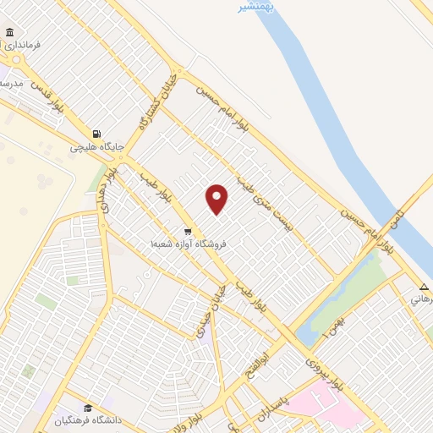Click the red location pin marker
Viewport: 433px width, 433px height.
217,198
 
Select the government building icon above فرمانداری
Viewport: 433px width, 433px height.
9,33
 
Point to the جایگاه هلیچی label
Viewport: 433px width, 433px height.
96,146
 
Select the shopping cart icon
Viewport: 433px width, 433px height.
188,230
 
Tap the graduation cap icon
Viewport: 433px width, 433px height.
88,408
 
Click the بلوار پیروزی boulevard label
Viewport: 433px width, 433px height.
325,373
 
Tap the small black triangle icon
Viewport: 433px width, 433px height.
421,286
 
